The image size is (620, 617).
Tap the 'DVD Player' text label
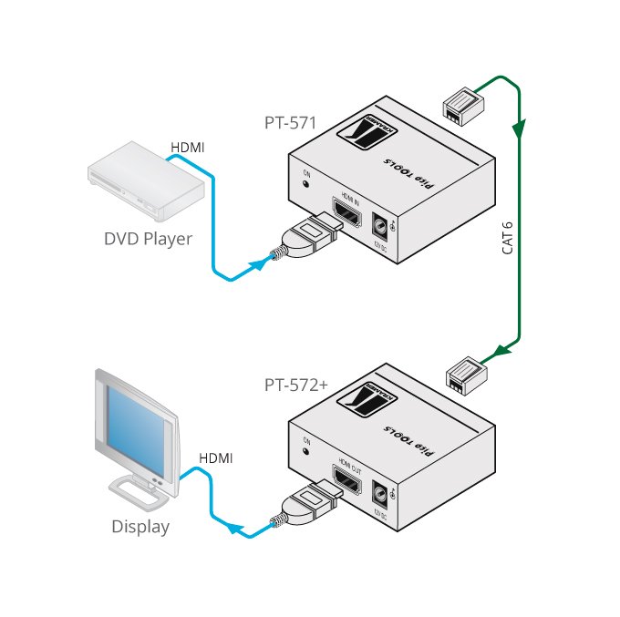point(147,240)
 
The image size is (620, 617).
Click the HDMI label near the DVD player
point(189,146)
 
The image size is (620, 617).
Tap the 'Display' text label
point(140,527)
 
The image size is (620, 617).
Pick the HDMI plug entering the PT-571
point(308,239)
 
